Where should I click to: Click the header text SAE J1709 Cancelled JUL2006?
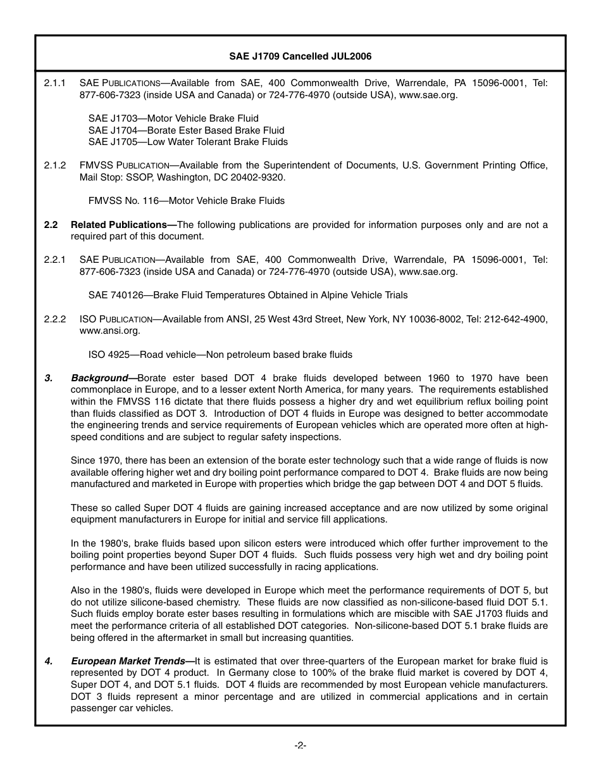(300, 56)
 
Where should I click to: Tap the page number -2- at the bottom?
(300, 745)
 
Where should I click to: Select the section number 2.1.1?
(55, 83)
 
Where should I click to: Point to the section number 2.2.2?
(55, 319)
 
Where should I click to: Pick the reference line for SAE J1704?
(186, 130)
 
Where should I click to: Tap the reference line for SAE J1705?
(188, 142)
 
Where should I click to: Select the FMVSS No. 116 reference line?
(186, 201)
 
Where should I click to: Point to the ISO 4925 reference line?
(220, 355)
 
